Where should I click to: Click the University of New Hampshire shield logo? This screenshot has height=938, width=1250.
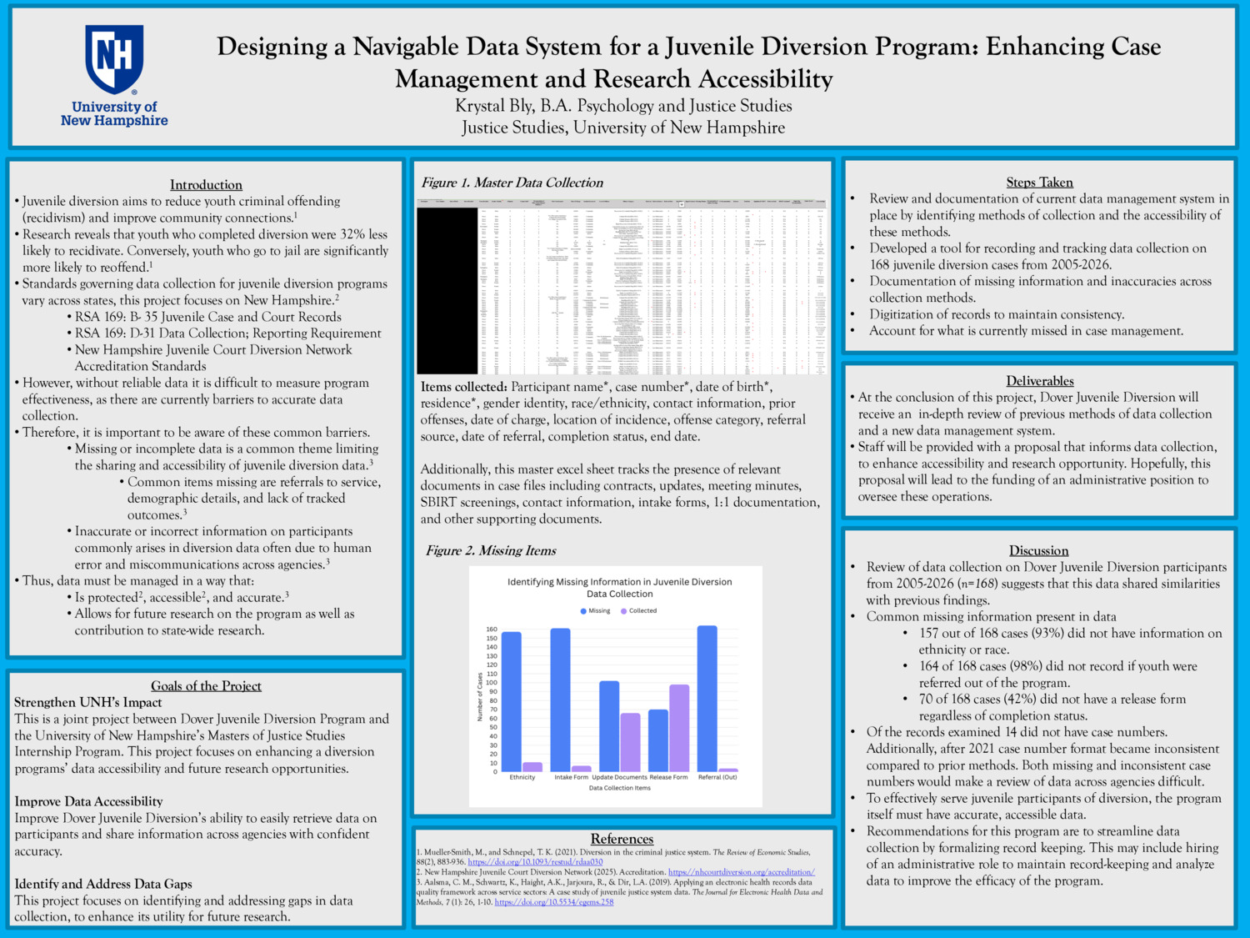tap(114, 58)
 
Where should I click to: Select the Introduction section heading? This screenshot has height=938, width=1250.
tap(206, 185)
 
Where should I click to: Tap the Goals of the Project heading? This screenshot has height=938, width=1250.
tap(206, 686)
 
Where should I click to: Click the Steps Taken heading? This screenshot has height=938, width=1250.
tap(1039, 183)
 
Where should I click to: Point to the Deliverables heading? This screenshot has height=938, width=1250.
tap(1039, 381)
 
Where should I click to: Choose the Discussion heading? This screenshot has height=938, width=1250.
tap(1038, 550)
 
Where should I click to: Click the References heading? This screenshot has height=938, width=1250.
tap(622, 839)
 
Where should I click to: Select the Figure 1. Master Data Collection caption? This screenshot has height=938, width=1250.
tap(512, 183)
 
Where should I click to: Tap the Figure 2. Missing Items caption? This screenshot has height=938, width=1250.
tap(491, 550)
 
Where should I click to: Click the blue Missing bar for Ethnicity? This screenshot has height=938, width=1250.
tap(511, 701)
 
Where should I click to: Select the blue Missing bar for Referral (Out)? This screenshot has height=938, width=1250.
tap(707, 699)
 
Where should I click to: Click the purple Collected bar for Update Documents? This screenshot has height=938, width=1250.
tap(630, 742)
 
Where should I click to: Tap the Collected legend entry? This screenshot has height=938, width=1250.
tap(638, 611)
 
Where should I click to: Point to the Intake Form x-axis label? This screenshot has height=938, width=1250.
tap(571, 777)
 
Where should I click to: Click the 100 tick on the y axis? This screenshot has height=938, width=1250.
tap(491, 683)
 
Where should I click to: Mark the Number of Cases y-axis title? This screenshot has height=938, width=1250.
tap(480, 696)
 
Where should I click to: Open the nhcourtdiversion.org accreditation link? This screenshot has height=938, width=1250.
tap(741, 872)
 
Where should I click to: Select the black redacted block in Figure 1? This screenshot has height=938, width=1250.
tap(447, 290)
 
